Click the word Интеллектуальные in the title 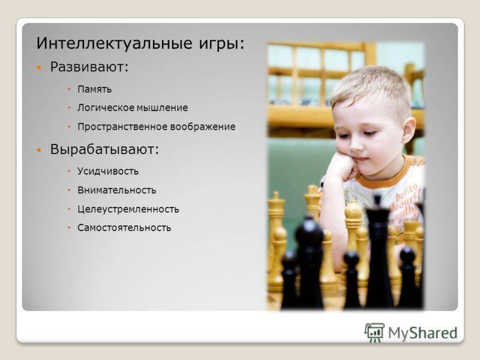point(114,43)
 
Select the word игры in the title point(219,44)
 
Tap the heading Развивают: point(89,67)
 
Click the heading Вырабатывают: point(104,149)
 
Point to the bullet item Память point(95,89)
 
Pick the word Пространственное point(122,127)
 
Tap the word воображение point(203,127)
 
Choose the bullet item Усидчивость point(108,171)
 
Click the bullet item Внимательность point(117,190)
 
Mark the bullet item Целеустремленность point(128,209)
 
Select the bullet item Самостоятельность point(124,228)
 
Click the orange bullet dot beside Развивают point(38,67)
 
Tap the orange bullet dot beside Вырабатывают point(38,150)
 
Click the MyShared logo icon point(374,332)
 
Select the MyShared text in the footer point(423,333)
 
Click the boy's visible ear point(408,131)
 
